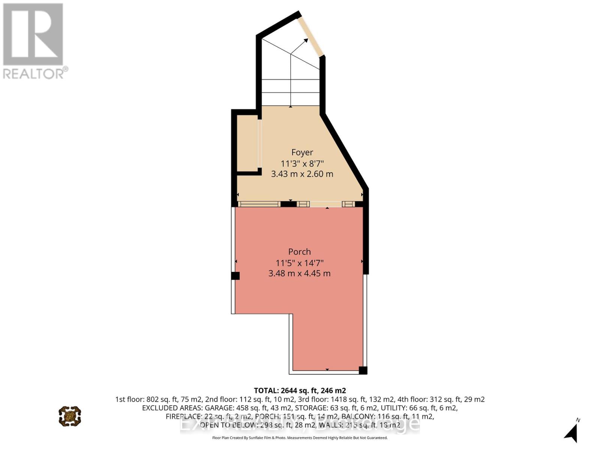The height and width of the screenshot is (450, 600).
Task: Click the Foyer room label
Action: pyautogui.click(x=302, y=152)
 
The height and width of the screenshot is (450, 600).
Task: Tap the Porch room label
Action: pyautogui.click(x=300, y=252)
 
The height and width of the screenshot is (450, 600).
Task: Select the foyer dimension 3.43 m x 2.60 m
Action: pyautogui.click(x=302, y=174)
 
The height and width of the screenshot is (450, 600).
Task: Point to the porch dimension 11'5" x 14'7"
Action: pyautogui.click(x=300, y=262)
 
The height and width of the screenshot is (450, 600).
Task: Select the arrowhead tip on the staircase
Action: pyautogui.click(x=303, y=40)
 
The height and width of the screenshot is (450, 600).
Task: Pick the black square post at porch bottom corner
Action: pyautogui.click(x=363, y=370)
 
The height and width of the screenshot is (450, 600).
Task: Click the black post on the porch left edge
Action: pyautogui.click(x=235, y=276)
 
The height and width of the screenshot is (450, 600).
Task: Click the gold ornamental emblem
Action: pyautogui.click(x=70, y=416)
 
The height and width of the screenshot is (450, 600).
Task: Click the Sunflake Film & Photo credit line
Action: pyautogui.click(x=300, y=438)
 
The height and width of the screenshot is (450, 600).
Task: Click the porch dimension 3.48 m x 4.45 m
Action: pyautogui.click(x=300, y=273)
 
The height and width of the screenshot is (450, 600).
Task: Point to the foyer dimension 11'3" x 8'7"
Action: pyautogui.click(x=302, y=163)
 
